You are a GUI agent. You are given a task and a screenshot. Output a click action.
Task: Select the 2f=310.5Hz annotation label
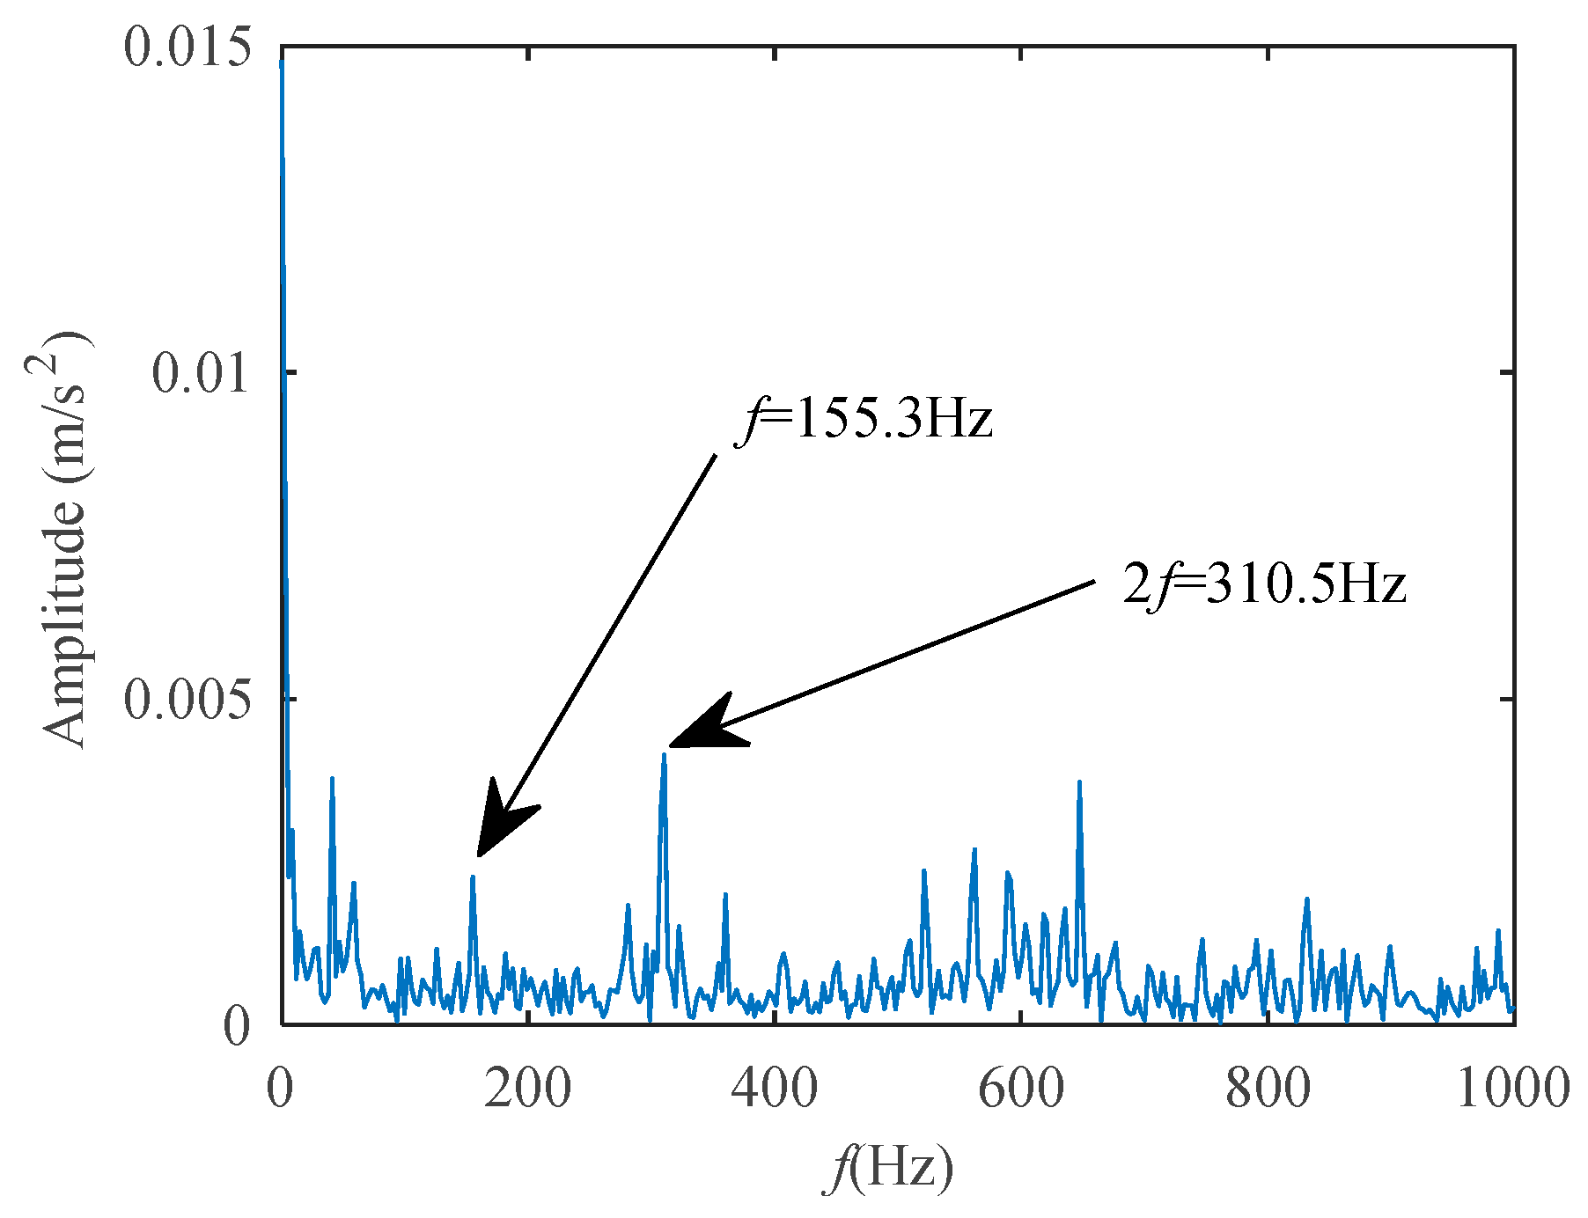tap(1264, 584)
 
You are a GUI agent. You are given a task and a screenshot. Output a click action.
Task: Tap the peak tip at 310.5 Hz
tap(665, 755)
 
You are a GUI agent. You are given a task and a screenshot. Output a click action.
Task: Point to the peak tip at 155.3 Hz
tap(473, 877)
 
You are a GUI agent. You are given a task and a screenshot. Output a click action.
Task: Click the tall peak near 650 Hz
tap(1079, 781)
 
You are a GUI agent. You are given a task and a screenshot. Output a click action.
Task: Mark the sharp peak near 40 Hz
tap(332, 778)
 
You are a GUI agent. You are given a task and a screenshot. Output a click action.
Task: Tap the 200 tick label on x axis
tap(527, 1088)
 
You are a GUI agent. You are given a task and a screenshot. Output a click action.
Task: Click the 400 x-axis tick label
tap(774, 1088)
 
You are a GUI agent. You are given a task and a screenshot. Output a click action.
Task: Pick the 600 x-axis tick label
tap(1021, 1088)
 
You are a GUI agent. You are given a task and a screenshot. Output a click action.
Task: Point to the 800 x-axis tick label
tap(1268, 1088)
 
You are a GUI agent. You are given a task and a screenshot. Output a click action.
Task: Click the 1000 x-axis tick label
tap(1512, 1088)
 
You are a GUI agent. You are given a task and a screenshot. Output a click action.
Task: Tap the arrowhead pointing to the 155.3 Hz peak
tap(500, 824)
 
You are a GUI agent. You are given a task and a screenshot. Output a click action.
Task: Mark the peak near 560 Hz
tap(974, 850)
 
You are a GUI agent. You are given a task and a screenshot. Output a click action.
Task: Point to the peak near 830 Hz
tap(1307, 899)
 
